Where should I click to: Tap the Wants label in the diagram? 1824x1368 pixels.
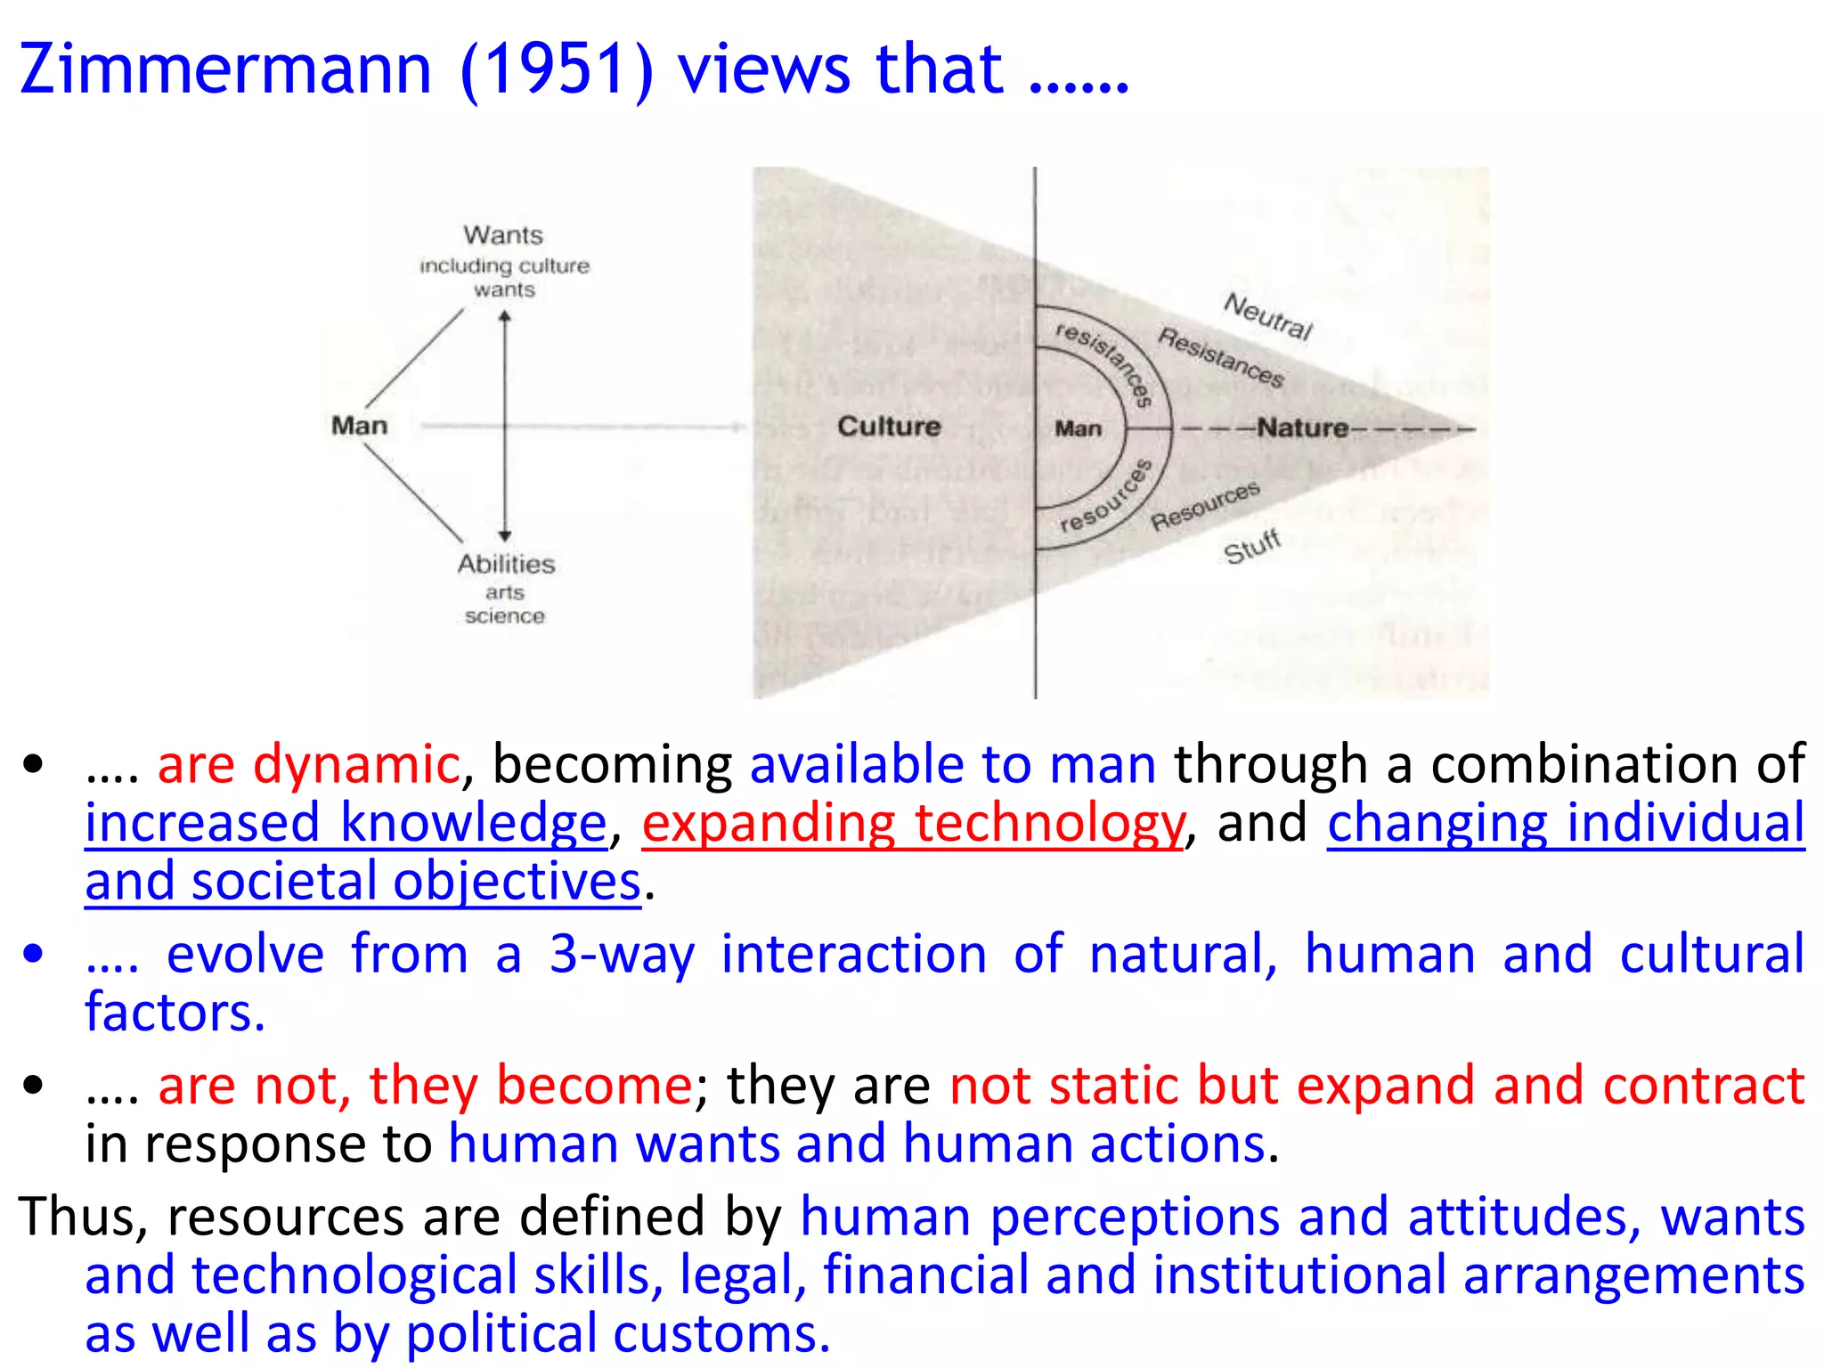[x=503, y=235]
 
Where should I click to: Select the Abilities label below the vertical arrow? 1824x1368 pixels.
[x=506, y=564]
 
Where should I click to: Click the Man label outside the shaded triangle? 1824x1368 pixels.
[x=360, y=426]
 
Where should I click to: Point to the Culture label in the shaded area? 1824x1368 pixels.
[x=889, y=427]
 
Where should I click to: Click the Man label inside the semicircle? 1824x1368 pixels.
[x=1078, y=429]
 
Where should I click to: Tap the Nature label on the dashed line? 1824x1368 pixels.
[x=1302, y=428]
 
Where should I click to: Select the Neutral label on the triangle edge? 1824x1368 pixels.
[x=1268, y=316]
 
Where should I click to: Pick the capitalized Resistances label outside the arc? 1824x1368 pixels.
[x=1221, y=357]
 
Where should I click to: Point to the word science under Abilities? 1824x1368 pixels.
[x=504, y=616]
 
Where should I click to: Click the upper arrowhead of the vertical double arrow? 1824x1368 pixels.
[x=505, y=316]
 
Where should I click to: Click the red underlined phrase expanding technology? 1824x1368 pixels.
[x=913, y=822]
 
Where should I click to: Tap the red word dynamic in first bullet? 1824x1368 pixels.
[x=356, y=764]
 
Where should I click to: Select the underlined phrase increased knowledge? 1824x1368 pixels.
[x=346, y=822]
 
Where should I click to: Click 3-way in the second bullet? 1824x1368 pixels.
[x=621, y=954]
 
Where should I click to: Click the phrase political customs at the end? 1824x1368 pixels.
[x=617, y=1333]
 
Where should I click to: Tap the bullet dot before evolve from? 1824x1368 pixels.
[x=34, y=954]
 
